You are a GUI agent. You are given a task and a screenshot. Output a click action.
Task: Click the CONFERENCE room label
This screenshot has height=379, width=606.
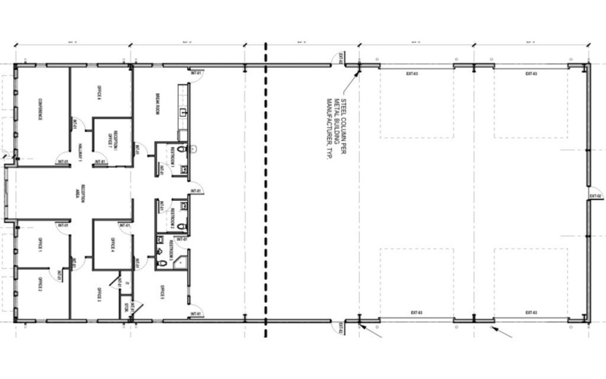point(35,111)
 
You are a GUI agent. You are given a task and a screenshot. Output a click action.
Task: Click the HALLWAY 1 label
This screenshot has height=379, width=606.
point(79,150)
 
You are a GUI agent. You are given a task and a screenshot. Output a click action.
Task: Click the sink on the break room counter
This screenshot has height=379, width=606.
point(181,111)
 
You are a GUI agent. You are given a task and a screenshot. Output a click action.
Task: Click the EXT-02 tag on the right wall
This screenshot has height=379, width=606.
point(595,196)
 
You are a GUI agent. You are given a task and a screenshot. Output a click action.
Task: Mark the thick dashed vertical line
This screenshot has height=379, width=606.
point(265,189)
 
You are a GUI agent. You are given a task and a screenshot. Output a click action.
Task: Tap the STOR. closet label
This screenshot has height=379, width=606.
point(126,307)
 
